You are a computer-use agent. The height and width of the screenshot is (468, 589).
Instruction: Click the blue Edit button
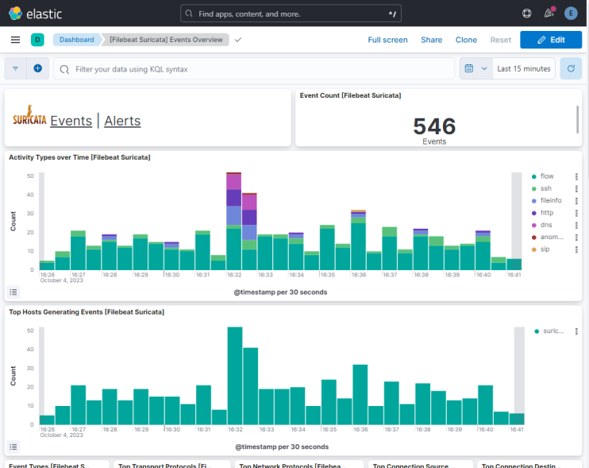tap(550, 40)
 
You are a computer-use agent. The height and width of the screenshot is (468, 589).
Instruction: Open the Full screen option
tap(387, 40)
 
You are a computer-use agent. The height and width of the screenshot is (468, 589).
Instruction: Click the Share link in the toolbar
tap(431, 40)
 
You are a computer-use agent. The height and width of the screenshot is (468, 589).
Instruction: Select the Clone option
tap(466, 40)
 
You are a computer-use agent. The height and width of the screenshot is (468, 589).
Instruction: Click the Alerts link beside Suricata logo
tap(122, 121)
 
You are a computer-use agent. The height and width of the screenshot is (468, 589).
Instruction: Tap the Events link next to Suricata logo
tap(71, 121)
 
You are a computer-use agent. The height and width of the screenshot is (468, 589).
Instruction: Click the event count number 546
tap(434, 126)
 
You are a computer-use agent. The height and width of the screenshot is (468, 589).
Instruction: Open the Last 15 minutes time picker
tap(523, 69)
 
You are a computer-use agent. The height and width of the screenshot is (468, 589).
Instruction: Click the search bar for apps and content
tap(291, 14)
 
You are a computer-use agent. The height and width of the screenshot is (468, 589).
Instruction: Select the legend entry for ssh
tap(546, 188)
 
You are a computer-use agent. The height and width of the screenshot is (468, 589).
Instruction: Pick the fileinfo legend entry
tap(551, 201)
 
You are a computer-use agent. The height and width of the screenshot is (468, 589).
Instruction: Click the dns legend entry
tap(546, 225)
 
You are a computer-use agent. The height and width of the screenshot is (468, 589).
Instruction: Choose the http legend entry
tap(547, 213)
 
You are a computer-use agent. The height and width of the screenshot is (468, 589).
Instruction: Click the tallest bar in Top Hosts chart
tap(234, 376)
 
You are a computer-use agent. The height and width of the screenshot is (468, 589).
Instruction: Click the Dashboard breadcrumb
tap(76, 40)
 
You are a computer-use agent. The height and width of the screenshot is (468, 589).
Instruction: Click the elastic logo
tap(36, 14)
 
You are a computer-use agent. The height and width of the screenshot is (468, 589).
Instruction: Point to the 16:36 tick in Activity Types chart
tap(359, 274)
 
